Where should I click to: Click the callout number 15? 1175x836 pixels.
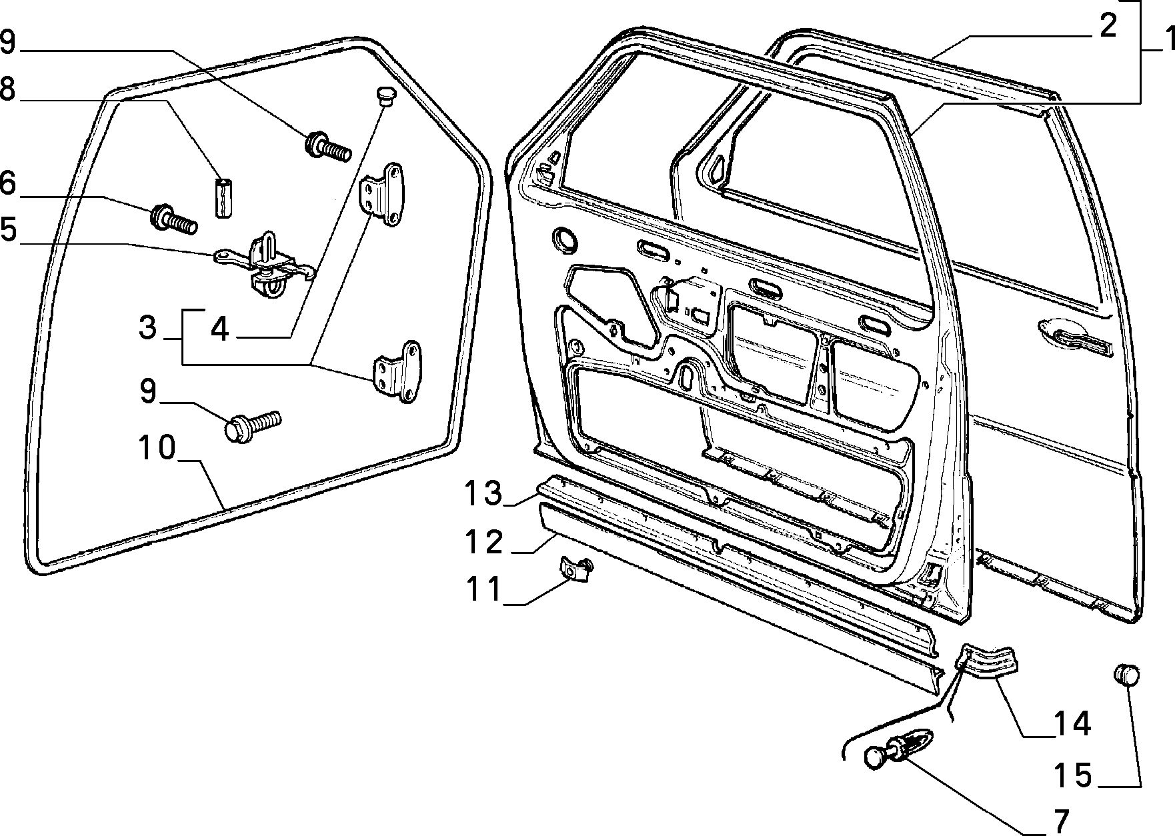pos(1074,775)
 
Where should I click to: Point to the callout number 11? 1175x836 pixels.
pos(483,590)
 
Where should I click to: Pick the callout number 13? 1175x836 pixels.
pos(483,494)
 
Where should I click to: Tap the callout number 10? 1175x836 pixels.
pos(157,447)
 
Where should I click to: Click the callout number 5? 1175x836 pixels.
pos(8,230)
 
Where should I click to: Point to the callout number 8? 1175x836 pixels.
pos(8,89)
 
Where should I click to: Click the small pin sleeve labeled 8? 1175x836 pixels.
pos(225,197)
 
